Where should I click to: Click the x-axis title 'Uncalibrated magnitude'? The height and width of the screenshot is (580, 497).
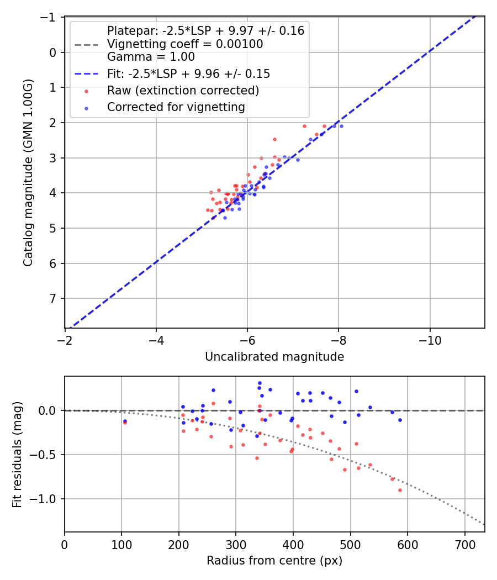tap(274, 357)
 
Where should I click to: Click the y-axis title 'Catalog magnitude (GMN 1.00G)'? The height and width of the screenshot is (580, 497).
tap(28, 172)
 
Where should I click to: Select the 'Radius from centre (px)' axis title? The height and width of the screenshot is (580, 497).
tap(274, 561)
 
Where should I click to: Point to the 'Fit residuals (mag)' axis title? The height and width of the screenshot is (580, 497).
tap(17, 454)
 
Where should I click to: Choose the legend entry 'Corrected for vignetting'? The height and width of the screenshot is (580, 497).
tap(176, 107)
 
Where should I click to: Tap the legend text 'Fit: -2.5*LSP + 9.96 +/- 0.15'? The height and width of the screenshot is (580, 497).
tap(188, 73)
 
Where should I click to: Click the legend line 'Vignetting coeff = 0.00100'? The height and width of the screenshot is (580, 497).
tap(185, 44)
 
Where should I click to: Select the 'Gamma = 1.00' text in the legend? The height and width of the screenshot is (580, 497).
tap(151, 56)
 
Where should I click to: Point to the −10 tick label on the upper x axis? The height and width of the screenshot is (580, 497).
tap(430, 340)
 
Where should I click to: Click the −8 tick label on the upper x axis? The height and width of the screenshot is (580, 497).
tap(339, 340)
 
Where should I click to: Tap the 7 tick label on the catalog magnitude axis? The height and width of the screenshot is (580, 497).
tap(53, 299)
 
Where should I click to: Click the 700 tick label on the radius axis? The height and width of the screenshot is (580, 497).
tap(464, 545)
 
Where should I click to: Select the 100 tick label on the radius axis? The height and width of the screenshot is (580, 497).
tap(121, 545)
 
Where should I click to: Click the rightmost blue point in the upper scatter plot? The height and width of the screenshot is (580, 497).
tap(341, 126)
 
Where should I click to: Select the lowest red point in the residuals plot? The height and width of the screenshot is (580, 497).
tap(400, 490)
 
